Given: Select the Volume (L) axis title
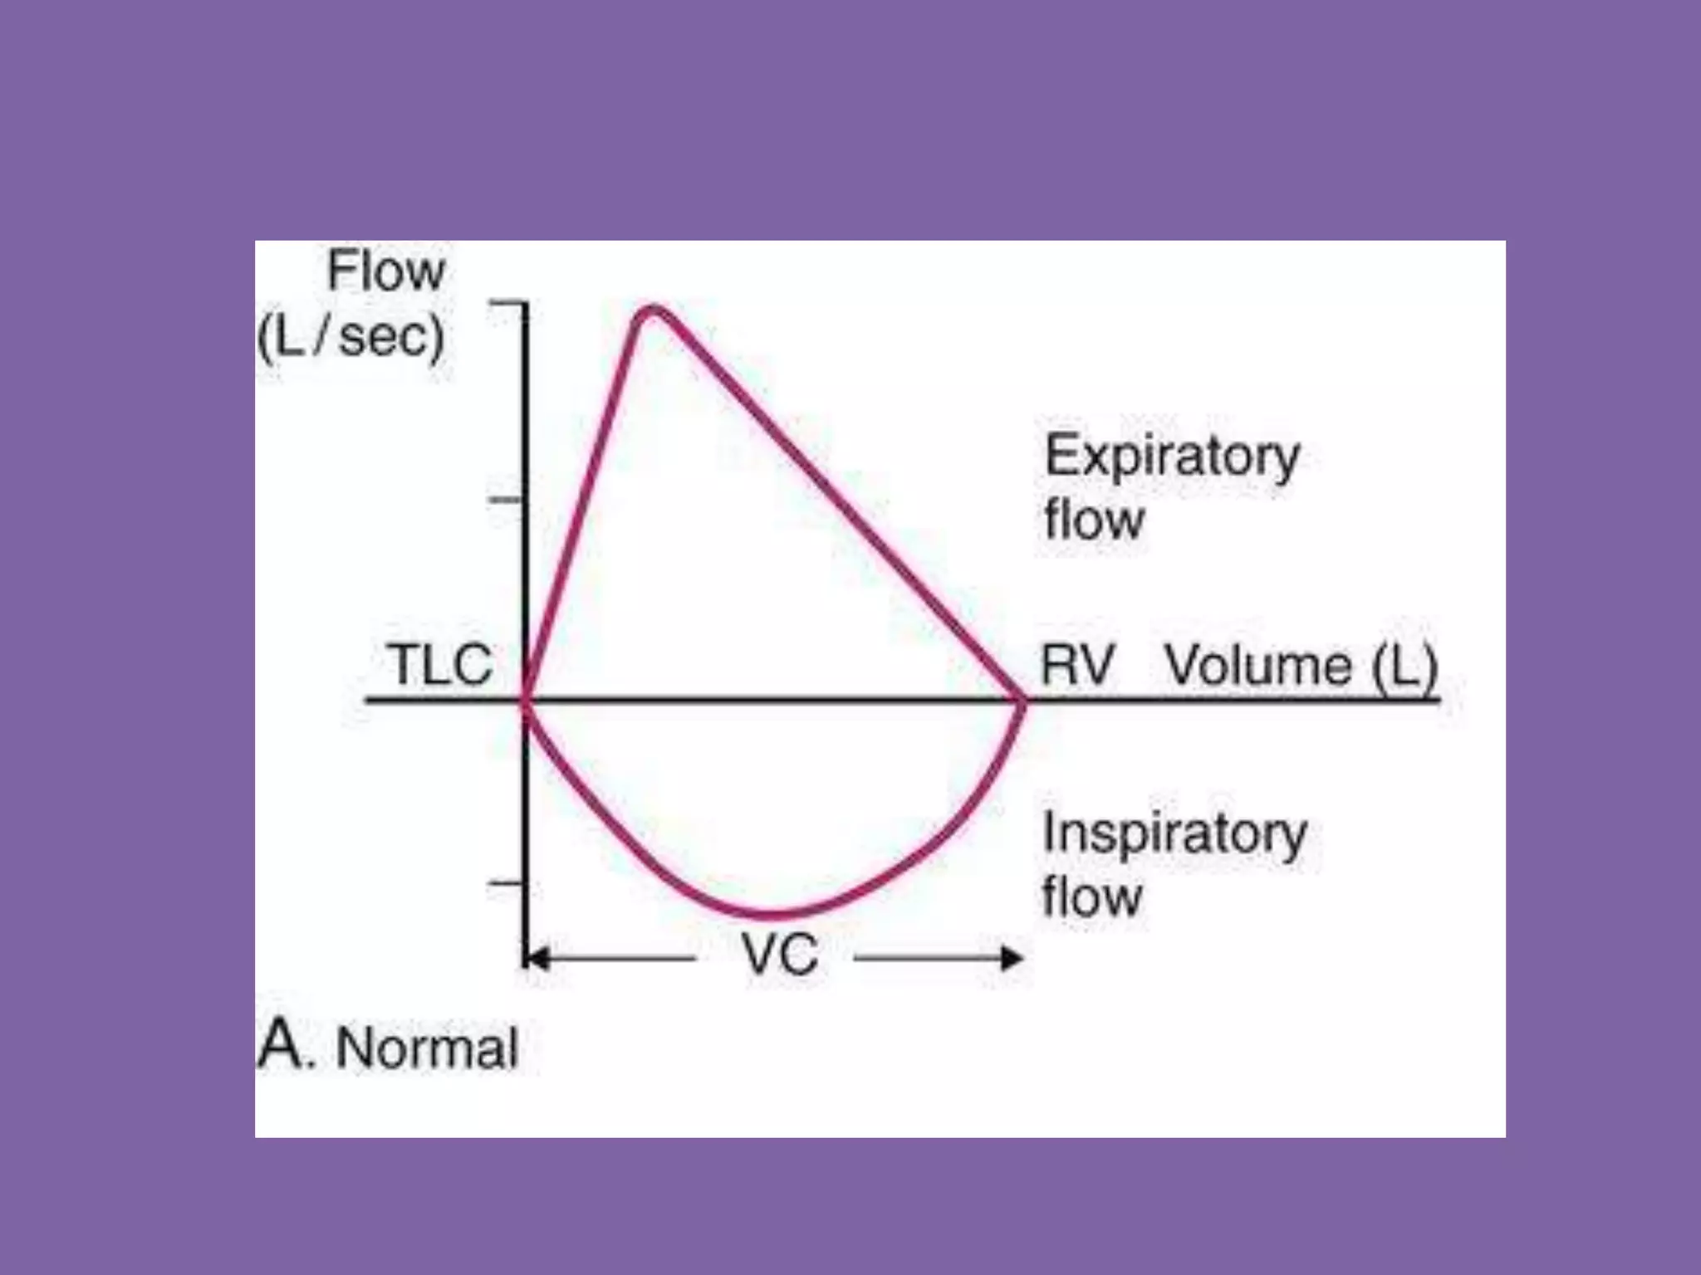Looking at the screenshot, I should point(1301,666).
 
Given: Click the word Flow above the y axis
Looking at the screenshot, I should point(386,271).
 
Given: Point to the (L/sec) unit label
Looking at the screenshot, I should point(351,337).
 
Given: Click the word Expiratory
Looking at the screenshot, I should point(1172,457).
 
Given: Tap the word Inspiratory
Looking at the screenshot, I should point(1174,833).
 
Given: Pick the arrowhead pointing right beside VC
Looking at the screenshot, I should point(1012,959).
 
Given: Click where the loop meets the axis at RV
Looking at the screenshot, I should point(1022,701).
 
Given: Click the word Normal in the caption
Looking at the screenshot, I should point(427,1048).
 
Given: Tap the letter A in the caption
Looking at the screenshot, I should point(281,1044).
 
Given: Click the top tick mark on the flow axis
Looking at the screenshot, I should point(507,304).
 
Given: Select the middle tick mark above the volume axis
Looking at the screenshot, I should point(505,500).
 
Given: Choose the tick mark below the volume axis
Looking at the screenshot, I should point(505,883).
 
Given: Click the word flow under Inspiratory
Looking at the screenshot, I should point(1091,897).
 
